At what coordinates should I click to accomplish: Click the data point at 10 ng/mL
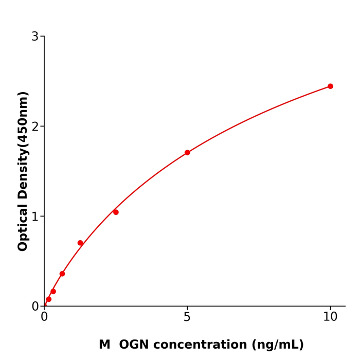[330, 86]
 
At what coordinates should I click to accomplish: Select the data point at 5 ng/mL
[187, 153]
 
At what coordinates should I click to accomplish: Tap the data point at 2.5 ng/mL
[116, 212]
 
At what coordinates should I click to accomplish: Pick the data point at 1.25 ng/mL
[80, 243]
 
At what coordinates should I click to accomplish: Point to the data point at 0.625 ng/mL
[62, 274]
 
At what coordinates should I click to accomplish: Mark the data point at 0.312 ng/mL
[53, 292]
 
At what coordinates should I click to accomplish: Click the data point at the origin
[44, 305]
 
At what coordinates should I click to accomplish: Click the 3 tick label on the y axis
[35, 37]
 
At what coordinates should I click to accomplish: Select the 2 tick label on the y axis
[35, 127]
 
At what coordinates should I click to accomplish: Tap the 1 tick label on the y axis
[35, 217]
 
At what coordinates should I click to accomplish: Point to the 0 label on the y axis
[35, 307]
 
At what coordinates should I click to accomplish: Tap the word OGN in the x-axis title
[135, 345]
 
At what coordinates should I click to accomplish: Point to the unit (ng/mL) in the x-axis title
[278, 345]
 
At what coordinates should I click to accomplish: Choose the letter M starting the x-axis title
[104, 345]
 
